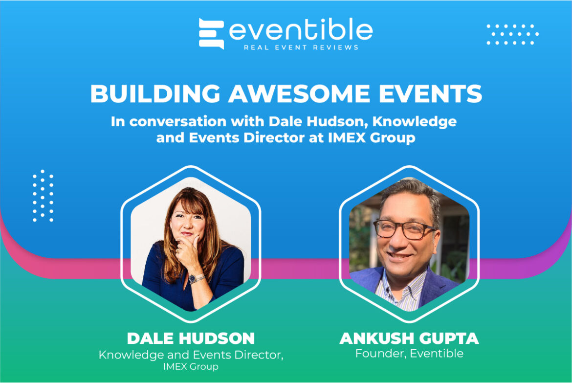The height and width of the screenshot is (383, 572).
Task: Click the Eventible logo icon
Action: click(x=211, y=33)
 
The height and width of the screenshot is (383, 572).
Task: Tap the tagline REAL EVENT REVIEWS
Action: click(x=301, y=47)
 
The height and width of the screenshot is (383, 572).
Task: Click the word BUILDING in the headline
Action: click(x=151, y=94)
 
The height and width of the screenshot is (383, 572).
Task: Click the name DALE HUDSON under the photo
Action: click(x=191, y=338)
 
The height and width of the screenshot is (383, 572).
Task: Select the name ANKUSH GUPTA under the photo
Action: click(x=409, y=338)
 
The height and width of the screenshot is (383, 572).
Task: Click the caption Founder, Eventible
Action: click(x=409, y=353)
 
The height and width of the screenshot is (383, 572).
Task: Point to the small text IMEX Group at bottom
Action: click(x=191, y=366)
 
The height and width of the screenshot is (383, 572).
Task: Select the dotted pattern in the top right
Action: click(x=512, y=34)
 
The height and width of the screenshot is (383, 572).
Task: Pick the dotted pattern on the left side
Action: click(x=43, y=196)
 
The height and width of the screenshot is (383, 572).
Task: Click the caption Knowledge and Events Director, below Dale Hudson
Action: click(x=191, y=355)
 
